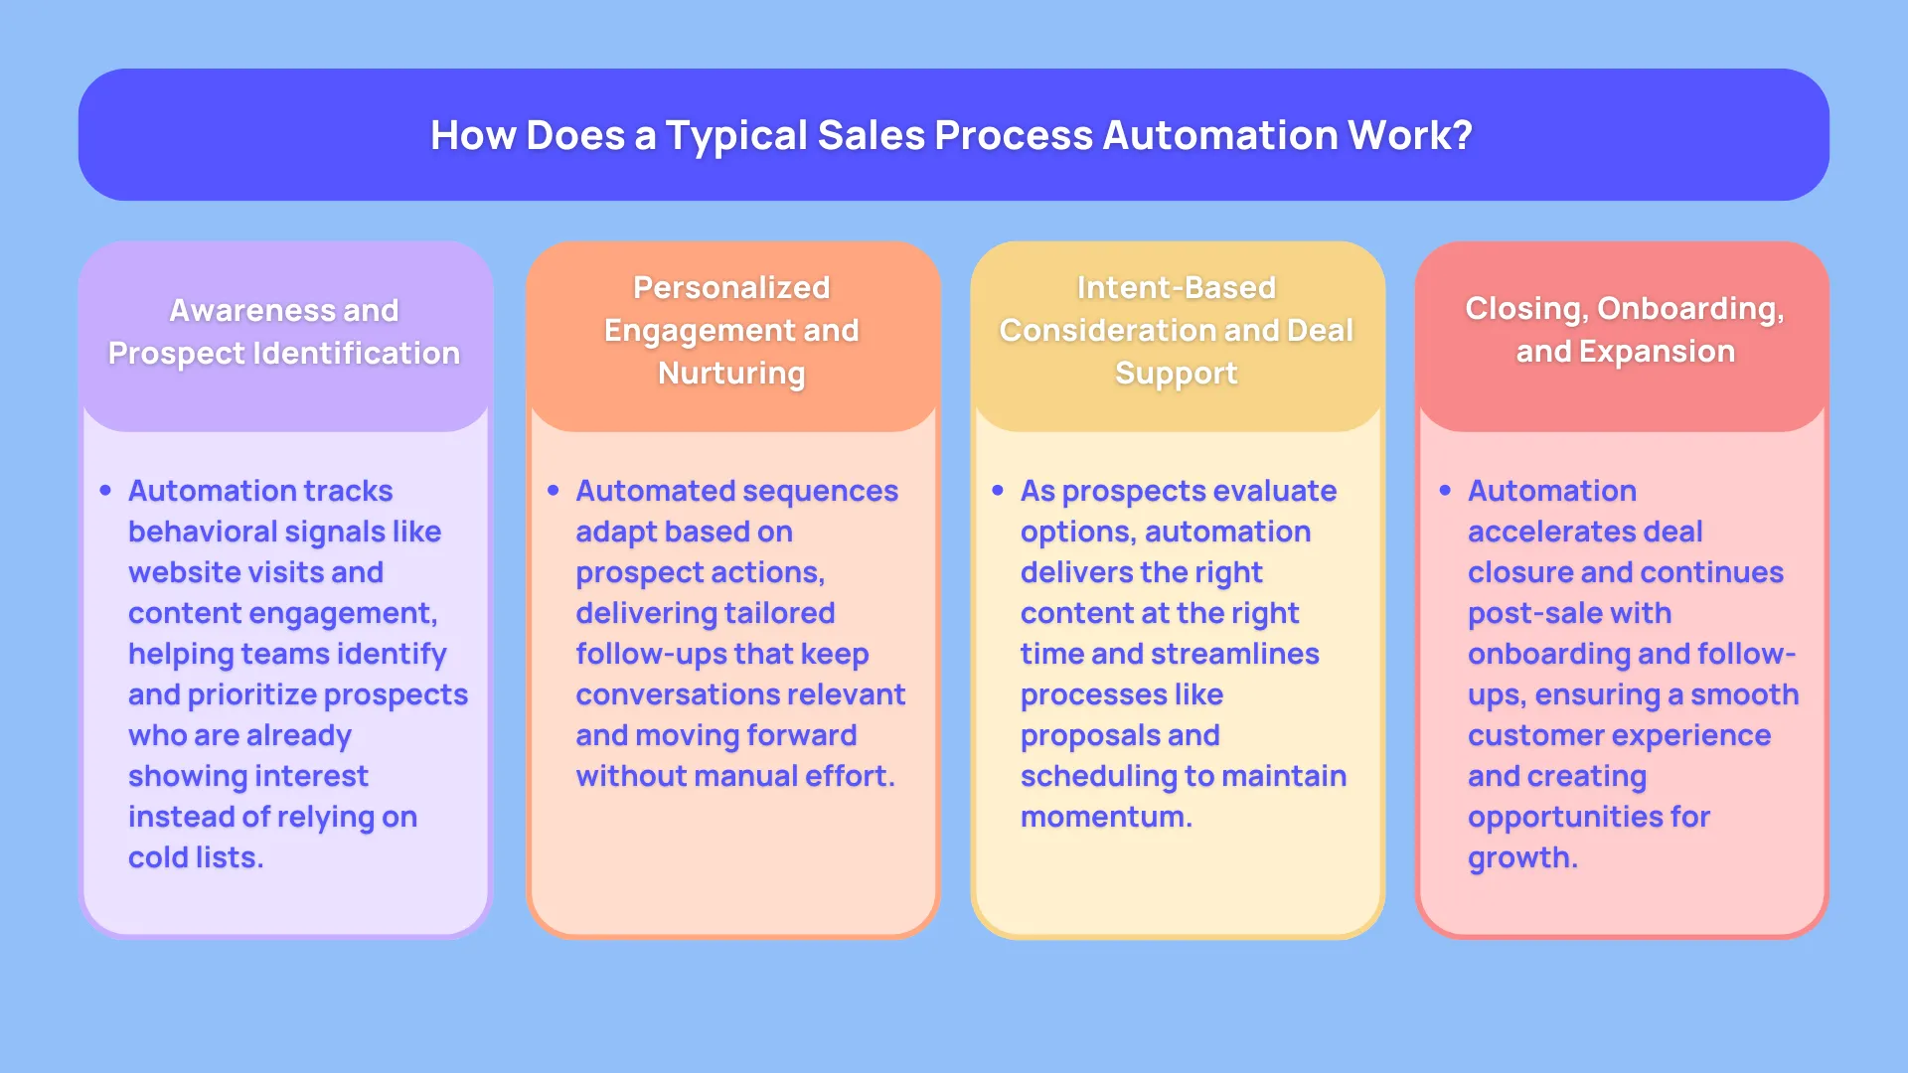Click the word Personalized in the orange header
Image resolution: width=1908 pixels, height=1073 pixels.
point(731,287)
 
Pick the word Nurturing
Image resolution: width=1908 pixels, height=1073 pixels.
point(731,374)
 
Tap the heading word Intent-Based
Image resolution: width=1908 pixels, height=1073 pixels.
point(1177,287)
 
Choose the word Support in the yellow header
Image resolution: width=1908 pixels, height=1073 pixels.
point(1177,374)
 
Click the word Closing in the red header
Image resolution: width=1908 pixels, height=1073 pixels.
point(1525,309)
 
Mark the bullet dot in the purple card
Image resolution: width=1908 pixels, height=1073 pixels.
point(105,490)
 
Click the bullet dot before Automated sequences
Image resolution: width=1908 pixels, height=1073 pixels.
point(553,490)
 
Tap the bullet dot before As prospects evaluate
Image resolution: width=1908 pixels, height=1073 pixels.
point(998,490)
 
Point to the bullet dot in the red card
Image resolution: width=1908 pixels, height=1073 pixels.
point(1445,490)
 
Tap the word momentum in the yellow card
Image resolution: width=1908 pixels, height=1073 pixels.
point(1102,818)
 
